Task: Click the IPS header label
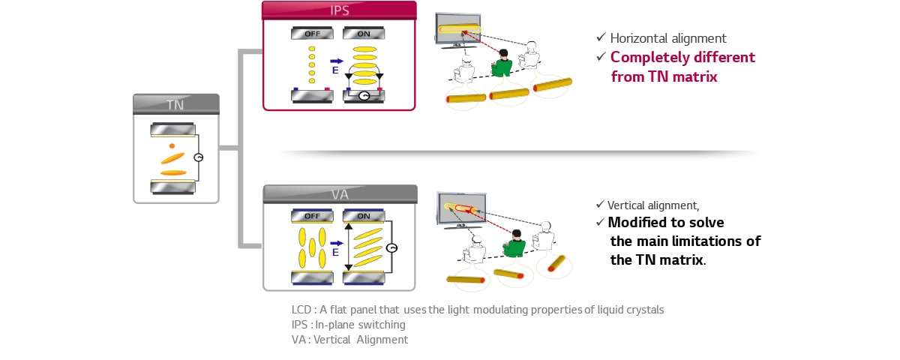point(339,11)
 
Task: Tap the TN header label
point(176,105)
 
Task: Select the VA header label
point(340,195)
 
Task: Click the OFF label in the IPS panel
point(313,34)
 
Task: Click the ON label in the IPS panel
point(364,34)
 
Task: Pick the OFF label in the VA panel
point(313,216)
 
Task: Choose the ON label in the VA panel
point(364,216)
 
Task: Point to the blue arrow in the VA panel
point(336,243)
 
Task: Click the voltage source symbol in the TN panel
point(198,157)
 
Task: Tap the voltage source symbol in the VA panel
point(391,247)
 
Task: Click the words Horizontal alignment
point(668,38)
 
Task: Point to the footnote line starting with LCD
point(478,310)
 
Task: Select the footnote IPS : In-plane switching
point(348,325)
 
